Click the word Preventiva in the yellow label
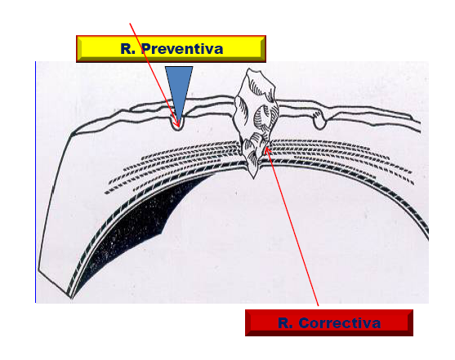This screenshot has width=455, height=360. [x=182, y=48]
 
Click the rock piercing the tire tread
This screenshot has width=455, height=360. [x=256, y=122]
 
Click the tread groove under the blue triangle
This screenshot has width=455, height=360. [x=177, y=123]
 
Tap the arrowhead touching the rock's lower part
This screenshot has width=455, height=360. [x=268, y=151]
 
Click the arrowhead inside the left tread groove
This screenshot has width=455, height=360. [x=176, y=123]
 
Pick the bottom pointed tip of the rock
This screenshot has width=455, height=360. [x=253, y=179]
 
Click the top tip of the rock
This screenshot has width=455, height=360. [x=249, y=69]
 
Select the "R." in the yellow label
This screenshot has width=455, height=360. [x=128, y=48]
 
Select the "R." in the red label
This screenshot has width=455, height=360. [x=285, y=323]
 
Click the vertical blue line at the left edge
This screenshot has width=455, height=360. [x=35, y=182]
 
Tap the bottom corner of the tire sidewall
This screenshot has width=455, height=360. [x=70, y=298]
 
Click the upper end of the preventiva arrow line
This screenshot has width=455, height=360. [x=130, y=23]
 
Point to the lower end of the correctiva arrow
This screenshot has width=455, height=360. [x=319, y=306]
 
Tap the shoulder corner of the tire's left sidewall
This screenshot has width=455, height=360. [x=72, y=134]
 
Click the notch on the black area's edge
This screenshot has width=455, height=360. [x=162, y=233]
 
